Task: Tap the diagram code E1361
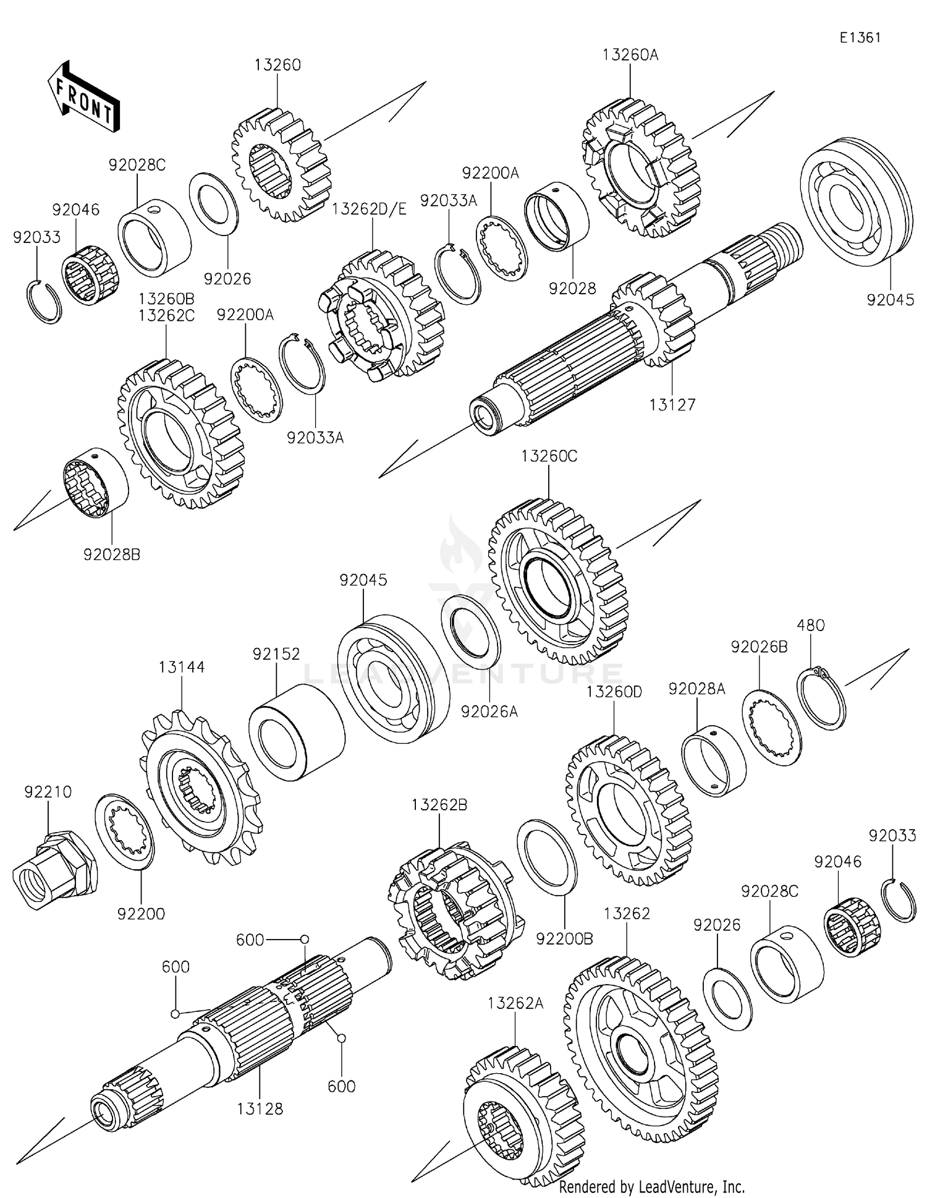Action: coord(860,38)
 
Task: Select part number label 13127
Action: coord(672,406)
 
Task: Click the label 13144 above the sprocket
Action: coord(182,668)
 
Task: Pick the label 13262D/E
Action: coord(370,210)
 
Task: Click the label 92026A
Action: coord(489,712)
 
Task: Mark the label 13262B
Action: coord(439,805)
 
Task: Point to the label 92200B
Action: coord(564,938)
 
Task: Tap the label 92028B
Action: coord(112,554)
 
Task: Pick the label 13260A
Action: coord(630,54)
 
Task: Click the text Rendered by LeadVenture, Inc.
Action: coord(651,1187)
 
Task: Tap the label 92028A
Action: coord(696,689)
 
